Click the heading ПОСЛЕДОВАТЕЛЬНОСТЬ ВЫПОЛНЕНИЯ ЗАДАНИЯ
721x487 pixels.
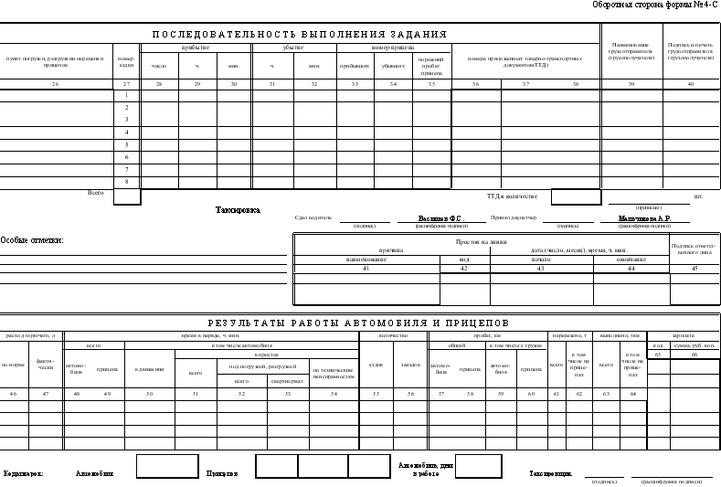coord(299,34)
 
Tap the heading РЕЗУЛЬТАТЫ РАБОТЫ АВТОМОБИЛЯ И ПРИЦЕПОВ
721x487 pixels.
coord(358,323)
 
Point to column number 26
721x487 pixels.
coord(55,84)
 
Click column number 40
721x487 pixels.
coord(690,84)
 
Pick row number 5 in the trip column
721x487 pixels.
coord(127,144)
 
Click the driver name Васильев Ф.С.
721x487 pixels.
coord(440,219)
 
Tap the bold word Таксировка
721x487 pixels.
coord(238,210)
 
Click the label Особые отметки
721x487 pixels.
coord(32,240)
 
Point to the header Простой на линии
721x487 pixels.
coord(482,241)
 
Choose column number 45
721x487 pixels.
coord(694,268)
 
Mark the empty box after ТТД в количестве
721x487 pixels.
coord(576,196)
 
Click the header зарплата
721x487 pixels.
coord(683,335)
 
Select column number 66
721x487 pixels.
coord(694,355)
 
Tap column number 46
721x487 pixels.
coord(13,393)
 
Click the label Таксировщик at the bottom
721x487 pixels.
coord(552,473)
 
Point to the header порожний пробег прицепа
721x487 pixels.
coord(431,66)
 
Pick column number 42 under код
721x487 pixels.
coord(464,268)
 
